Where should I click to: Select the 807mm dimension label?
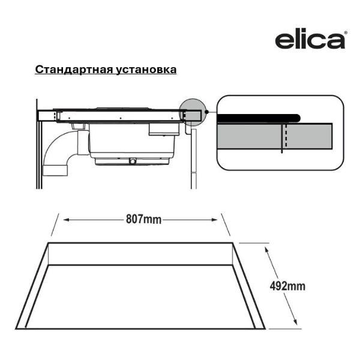pyautogui.click(x=143, y=220)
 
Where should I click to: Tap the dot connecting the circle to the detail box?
pyautogui.click(x=206, y=112)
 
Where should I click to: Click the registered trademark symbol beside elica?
pyautogui.click(x=346, y=34)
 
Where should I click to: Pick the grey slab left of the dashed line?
pyautogui.click(x=249, y=137)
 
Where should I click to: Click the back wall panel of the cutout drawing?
pyautogui.click(x=141, y=254)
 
